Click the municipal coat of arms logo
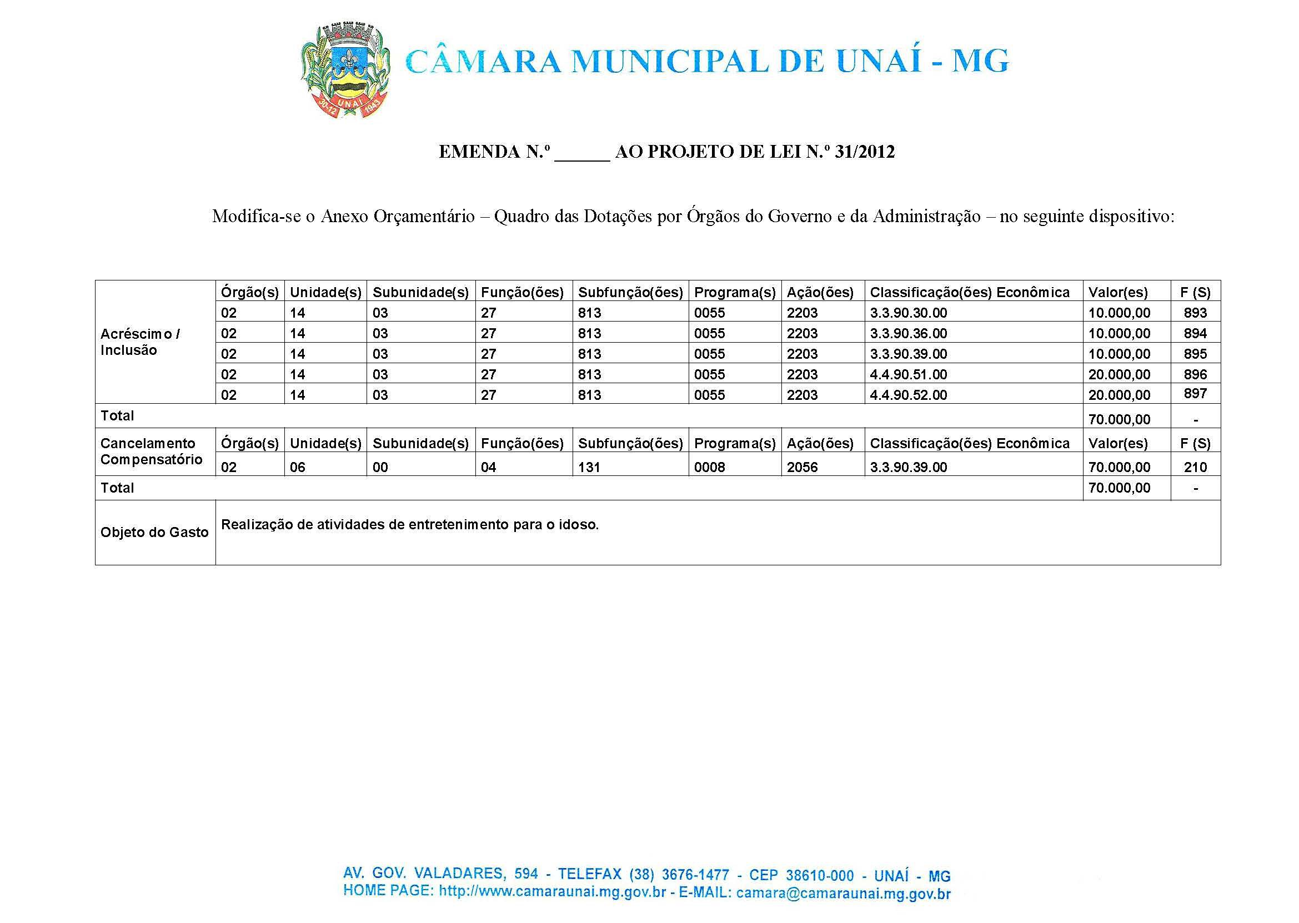click(x=345, y=70)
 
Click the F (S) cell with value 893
click(x=1195, y=312)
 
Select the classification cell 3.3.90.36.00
click(x=908, y=333)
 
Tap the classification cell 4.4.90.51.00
click(x=908, y=374)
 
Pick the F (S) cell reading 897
click(x=1195, y=393)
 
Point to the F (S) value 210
click(x=1195, y=466)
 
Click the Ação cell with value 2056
click(x=802, y=466)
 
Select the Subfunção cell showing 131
click(x=589, y=466)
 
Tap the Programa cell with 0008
click(x=710, y=466)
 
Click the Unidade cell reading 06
click(x=297, y=466)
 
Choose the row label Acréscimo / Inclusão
click(x=140, y=342)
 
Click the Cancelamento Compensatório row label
click(x=151, y=452)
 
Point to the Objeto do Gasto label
click(x=154, y=532)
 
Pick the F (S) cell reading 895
click(x=1195, y=354)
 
